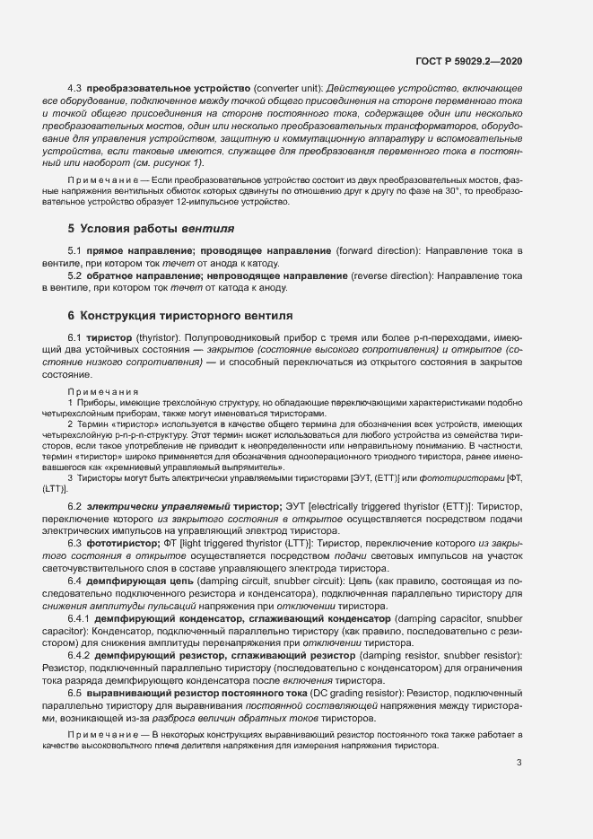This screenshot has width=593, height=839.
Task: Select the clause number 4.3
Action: [x=75, y=90]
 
